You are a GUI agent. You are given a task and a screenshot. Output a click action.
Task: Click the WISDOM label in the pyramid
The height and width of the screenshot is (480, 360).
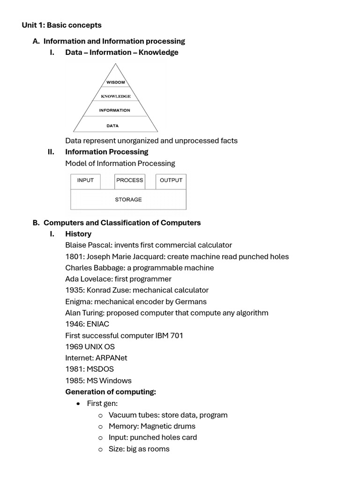(x=115, y=82)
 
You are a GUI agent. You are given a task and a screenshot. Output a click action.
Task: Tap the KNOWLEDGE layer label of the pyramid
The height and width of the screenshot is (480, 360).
(x=116, y=97)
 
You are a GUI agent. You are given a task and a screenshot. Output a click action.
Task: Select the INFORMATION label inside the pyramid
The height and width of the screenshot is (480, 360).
(x=114, y=111)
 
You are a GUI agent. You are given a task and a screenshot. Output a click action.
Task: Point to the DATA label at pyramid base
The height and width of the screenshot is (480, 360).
(x=112, y=126)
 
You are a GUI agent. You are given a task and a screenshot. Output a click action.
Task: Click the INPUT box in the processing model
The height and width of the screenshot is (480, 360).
(x=85, y=180)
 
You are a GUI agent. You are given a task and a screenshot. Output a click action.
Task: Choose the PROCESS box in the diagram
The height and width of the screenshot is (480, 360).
(x=130, y=180)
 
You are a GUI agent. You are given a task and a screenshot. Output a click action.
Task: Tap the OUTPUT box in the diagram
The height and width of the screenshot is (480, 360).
(x=171, y=180)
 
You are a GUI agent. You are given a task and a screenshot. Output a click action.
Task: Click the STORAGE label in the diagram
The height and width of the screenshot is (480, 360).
(x=128, y=200)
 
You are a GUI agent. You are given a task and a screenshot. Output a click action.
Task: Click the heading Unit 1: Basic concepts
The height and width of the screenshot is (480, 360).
(x=61, y=25)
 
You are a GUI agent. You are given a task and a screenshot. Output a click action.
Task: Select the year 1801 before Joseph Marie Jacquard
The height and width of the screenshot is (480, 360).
(x=74, y=256)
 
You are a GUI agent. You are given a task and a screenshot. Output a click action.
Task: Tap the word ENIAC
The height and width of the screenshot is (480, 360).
(x=98, y=324)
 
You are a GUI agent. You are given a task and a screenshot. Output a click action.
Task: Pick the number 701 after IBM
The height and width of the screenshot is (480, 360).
(x=176, y=335)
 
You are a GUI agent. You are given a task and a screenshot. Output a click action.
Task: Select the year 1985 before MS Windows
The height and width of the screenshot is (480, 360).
(x=74, y=380)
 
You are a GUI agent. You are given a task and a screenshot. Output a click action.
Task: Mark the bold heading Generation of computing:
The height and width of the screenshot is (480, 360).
(x=111, y=392)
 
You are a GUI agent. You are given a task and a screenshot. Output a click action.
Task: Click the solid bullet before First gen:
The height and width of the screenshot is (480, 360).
(x=78, y=404)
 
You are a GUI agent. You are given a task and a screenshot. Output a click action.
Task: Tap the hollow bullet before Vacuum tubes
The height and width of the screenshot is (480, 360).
(x=100, y=415)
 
